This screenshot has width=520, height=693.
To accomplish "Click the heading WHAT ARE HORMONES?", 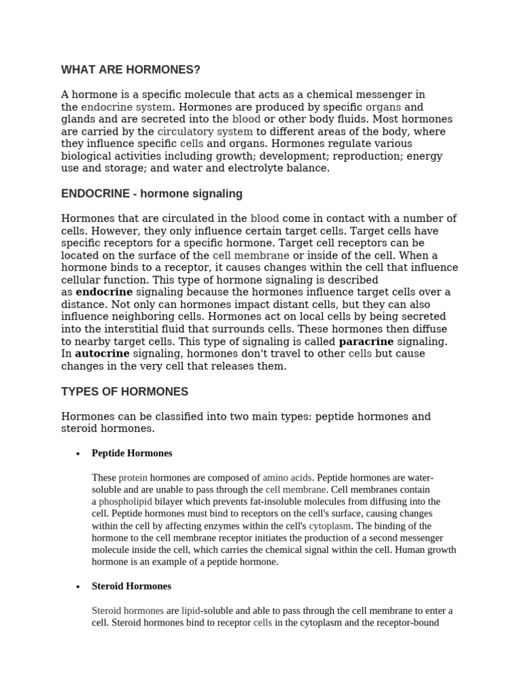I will (131, 70).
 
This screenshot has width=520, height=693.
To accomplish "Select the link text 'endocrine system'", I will (126, 107).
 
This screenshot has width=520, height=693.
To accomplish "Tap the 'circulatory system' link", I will (204, 131).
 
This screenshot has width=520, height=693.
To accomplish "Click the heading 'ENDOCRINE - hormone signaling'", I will (152, 194).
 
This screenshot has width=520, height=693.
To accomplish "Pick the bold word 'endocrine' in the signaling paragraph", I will (104, 292).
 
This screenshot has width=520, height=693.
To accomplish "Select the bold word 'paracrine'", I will (366, 341).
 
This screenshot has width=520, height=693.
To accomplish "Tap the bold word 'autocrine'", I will (102, 353).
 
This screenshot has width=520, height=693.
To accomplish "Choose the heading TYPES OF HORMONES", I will (125, 391).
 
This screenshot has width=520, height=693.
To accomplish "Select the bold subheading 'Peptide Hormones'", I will (132, 453).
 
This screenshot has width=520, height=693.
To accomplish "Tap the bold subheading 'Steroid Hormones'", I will (131, 585).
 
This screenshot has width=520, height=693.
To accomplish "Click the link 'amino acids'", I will (287, 477).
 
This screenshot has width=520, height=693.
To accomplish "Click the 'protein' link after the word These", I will (133, 477).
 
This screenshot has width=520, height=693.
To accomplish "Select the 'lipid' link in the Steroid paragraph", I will (191, 610).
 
